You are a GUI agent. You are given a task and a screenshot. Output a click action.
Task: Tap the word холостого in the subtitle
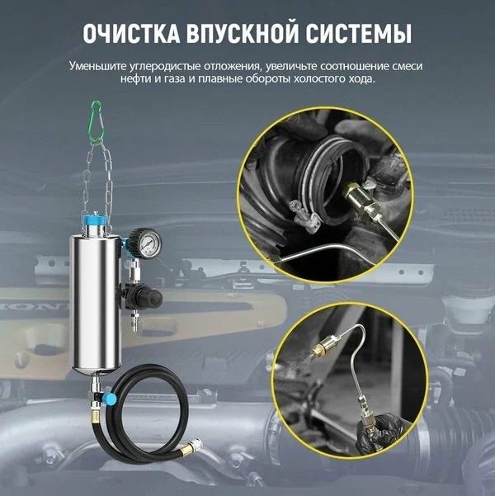[x=318, y=79]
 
